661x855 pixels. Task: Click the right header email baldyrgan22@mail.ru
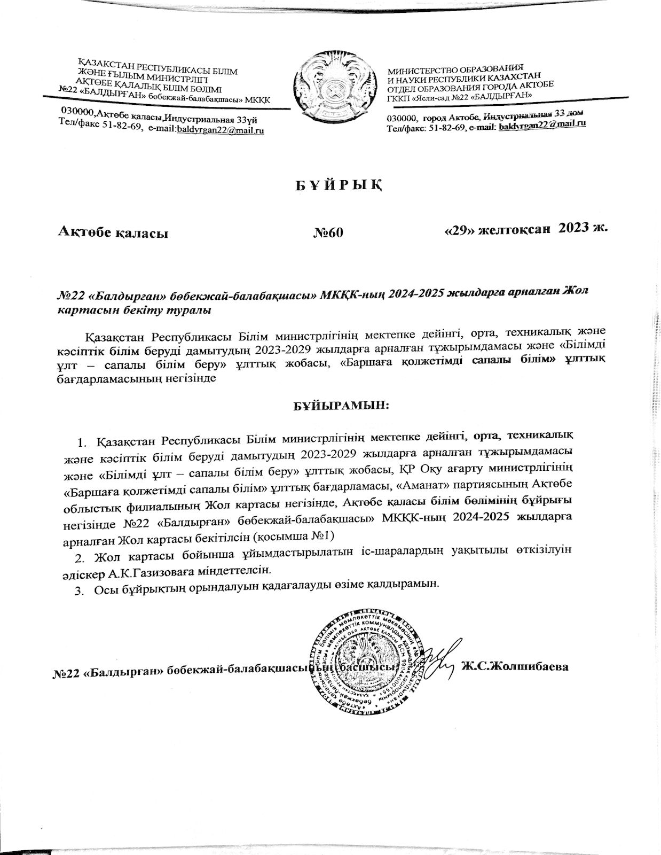click(x=542, y=124)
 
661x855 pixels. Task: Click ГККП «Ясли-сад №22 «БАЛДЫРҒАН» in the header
click(x=459, y=95)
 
